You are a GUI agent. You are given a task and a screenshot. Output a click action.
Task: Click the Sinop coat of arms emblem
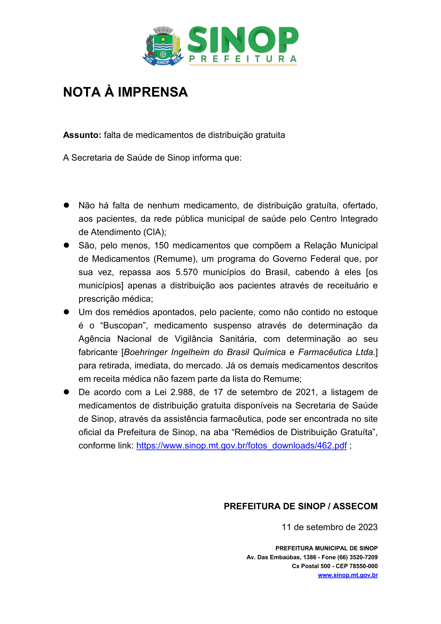(x=163, y=46)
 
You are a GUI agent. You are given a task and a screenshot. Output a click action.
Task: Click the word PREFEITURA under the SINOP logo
(x=243, y=59)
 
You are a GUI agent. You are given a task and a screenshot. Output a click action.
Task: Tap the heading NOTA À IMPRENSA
(x=126, y=92)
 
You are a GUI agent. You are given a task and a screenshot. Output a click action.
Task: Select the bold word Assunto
(x=82, y=135)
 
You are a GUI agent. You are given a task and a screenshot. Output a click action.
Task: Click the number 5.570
(x=187, y=272)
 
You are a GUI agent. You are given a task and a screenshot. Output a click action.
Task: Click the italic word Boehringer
(x=145, y=352)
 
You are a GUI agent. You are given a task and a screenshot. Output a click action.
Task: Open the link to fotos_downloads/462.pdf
(x=241, y=446)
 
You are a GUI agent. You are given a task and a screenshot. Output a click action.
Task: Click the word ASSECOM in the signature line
(x=355, y=506)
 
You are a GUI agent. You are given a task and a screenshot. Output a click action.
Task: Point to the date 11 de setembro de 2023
(x=330, y=527)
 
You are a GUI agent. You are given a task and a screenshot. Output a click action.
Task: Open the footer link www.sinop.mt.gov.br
(x=348, y=575)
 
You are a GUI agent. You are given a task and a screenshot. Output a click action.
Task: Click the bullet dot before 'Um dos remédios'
(x=66, y=312)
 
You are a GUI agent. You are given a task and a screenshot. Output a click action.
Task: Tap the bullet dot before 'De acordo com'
(x=66, y=392)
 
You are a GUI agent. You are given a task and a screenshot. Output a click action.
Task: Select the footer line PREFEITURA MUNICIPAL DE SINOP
(x=326, y=548)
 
